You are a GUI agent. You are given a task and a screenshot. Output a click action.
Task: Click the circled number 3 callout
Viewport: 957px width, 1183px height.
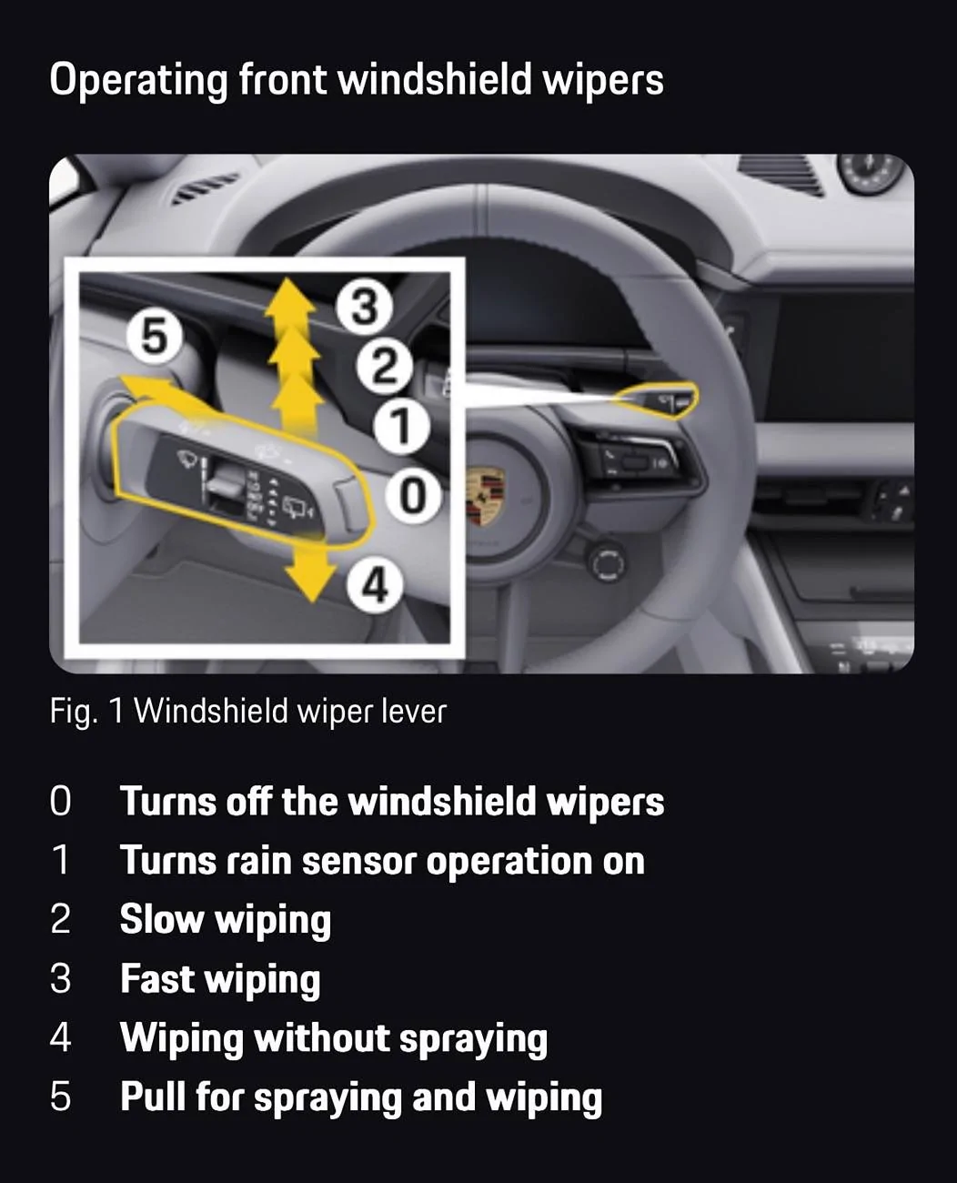tap(364, 308)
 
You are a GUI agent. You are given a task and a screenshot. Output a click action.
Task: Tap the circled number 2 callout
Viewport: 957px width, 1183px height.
tap(384, 366)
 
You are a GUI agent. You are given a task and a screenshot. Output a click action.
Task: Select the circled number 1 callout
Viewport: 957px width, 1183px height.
tap(401, 427)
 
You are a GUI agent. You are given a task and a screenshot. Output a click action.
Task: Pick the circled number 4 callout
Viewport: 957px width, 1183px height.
tap(376, 585)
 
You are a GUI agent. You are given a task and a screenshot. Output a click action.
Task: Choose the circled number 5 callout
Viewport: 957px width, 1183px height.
tap(155, 337)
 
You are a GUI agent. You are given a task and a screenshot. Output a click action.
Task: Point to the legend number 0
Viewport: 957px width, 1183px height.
tap(61, 802)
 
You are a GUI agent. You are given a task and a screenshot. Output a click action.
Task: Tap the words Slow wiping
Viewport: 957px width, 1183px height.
tap(226, 919)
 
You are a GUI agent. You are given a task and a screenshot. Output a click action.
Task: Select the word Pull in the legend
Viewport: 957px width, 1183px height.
tap(152, 1096)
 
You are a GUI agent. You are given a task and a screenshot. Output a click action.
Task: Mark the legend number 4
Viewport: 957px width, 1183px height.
tap(61, 1036)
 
